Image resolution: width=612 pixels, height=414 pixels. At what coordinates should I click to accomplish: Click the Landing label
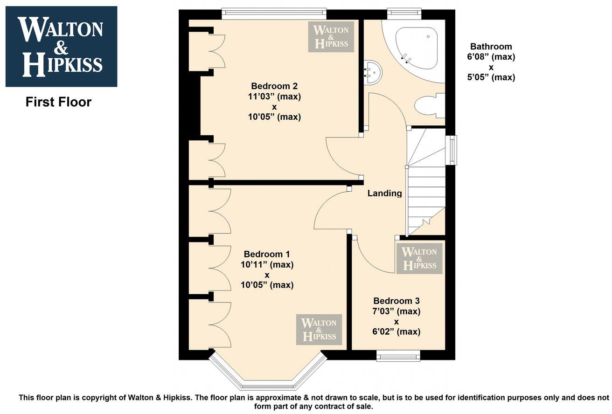(x=384, y=193)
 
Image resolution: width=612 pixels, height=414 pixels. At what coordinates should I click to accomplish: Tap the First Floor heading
(x=58, y=102)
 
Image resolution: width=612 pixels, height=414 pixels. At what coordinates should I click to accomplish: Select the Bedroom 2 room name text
(x=274, y=86)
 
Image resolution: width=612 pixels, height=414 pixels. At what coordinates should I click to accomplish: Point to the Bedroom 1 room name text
(x=267, y=254)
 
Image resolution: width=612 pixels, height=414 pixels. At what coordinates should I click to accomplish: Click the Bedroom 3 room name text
(x=396, y=301)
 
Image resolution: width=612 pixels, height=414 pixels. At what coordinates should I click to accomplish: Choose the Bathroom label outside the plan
(x=491, y=47)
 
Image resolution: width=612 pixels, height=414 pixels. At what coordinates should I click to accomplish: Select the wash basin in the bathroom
(x=373, y=73)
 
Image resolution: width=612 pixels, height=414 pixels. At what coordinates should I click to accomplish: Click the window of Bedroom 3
(x=398, y=357)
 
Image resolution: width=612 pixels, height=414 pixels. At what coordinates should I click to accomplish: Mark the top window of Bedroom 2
(x=273, y=14)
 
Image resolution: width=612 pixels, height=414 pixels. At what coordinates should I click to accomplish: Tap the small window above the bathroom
(x=404, y=14)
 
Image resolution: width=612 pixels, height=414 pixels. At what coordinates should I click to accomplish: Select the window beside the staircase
(x=451, y=150)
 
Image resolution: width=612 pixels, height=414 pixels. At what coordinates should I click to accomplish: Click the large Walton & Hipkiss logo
(x=61, y=47)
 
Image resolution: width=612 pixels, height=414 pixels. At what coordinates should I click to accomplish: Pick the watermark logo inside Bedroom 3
(x=419, y=258)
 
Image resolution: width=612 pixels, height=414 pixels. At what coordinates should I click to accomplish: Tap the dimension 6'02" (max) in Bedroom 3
(x=396, y=332)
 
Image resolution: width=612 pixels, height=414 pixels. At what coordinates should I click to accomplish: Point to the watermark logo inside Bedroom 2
(x=331, y=36)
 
